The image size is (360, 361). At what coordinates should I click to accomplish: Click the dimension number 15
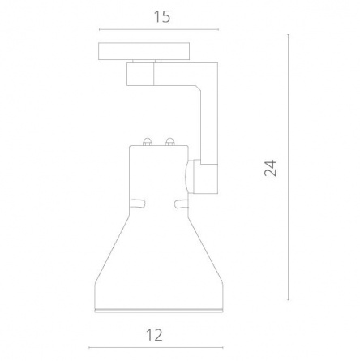click(x=162, y=17)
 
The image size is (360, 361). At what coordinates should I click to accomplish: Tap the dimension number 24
click(x=271, y=168)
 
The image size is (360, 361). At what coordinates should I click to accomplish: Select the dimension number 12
click(x=154, y=335)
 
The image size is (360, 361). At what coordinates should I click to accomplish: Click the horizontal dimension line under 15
click(x=159, y=29)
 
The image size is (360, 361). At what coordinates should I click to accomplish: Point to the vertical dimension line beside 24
click(x=289, y=167)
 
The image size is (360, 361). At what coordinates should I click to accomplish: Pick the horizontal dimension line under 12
click(x=156, y=348)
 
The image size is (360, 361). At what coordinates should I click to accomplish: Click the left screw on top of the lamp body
click(x=148, y=142)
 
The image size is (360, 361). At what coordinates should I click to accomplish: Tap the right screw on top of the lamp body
click(x=170, y=142)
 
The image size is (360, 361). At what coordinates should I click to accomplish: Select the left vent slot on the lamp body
click(x=138, y=204)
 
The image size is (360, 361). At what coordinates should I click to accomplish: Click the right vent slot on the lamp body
click(x=181, y=204)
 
